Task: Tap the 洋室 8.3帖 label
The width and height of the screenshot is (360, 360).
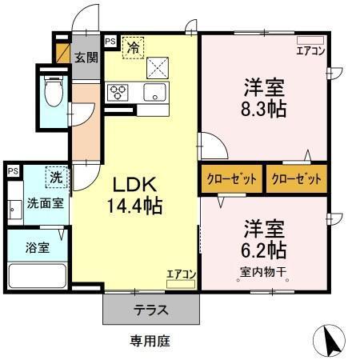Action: [x=263, y=96]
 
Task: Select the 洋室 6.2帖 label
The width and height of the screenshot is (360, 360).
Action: [x=263, y=238]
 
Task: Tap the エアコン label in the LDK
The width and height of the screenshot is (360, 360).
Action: [x=181, y=275]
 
